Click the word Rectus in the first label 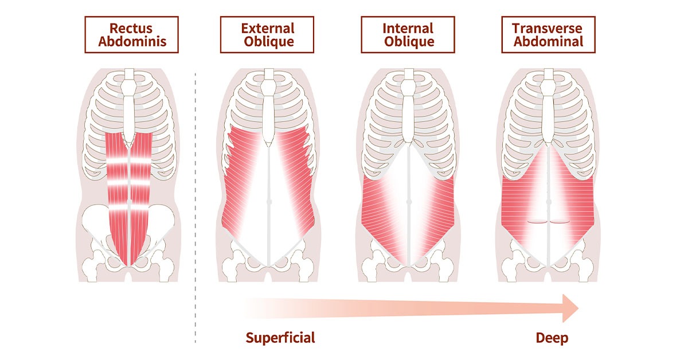pyautogui.click(x=131, y=28)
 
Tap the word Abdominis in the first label pyautogui.click(x=132, y=41)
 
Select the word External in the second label pyautogui.click(x=268, y=28)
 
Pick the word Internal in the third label pyautogui.click(x=408, y=28)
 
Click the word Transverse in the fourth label pyautogui.click(x=547, y=28)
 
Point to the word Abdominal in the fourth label pyautogui.click(x=548, y=41)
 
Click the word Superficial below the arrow pyautogui.click(x=280, y=338)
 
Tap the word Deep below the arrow pyautogui.click(x=552, y=338)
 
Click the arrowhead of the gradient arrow pyautogui.click(x=570, y=308)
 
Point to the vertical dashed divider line pyautogui.click(x=196, y=208)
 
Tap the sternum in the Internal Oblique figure pyautogui.click(x=409, y=108)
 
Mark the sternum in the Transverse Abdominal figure pyautogui.click(x=549, y=108)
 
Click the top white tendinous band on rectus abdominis pyautogui.click(x=129, y=160)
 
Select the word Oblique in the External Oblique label pyautogui.click(x=269, y=41)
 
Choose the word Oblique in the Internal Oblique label pyautogui.click(x=409, y=41)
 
